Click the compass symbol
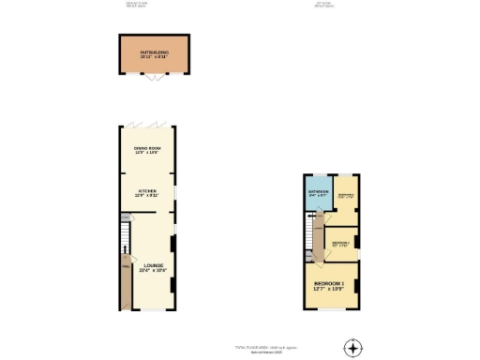point(352,348)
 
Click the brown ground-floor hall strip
point(122,282)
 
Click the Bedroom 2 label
point(345,197)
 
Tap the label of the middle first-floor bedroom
point(340,244)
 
